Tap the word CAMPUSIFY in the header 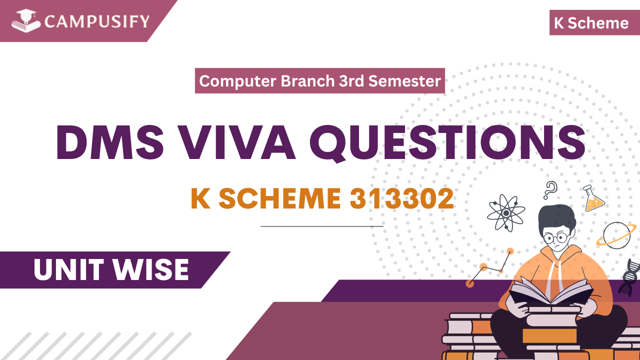coord(96,21)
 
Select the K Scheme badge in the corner coord(591,23)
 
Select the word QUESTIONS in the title coord(447,141)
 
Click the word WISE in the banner coord(150,270)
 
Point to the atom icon coord(506,212)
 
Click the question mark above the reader coord(550,190)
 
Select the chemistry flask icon coord(593,198)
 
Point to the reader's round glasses coord(555,236)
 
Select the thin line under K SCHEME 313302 coord(321,226)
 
